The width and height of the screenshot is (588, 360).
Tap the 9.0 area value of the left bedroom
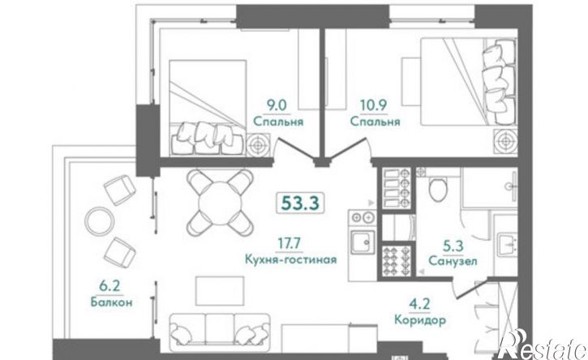278,104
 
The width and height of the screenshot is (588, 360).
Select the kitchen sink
361,242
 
